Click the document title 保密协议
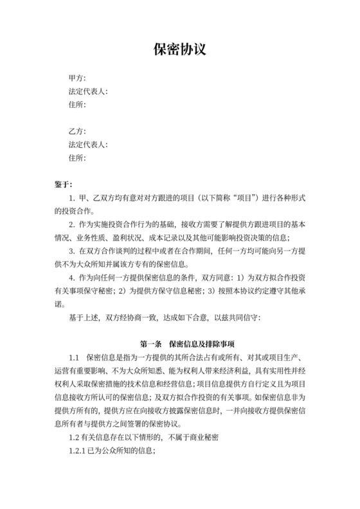click(x=179, y=49)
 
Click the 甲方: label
click(x=77, y=78)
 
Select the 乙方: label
click(x=77, y=132)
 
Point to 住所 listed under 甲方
click(x=77, y=104)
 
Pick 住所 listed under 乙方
click(x=77, y=157)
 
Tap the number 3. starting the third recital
click(x=71, y=251)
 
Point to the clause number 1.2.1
click(x=78, y=451)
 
